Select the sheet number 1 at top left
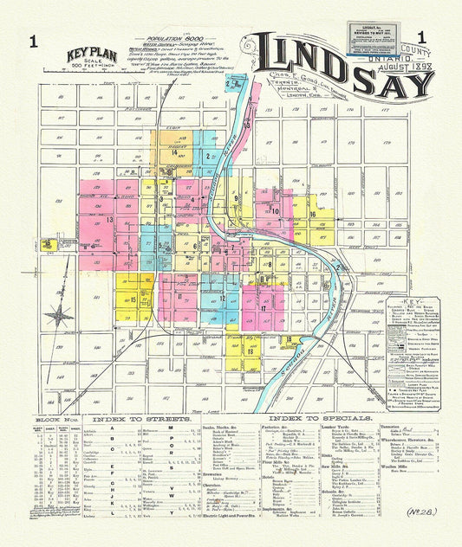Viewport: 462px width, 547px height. pos(33,40)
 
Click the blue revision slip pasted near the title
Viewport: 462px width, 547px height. pos(363,37)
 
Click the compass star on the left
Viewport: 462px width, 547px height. pos(59,314)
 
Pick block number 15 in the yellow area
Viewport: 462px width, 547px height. pos(134,299)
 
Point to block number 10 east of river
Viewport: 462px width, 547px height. pos(276,210)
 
